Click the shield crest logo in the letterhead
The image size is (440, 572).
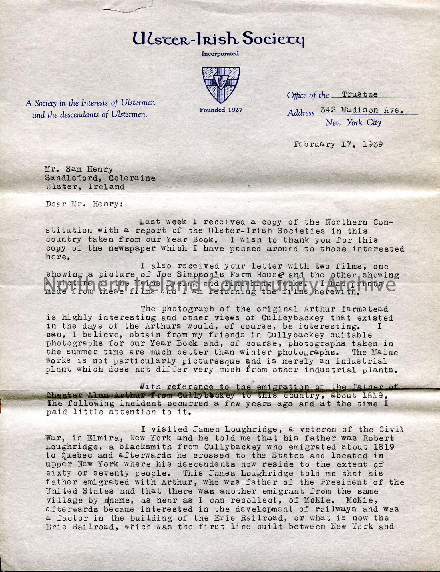(221, 85)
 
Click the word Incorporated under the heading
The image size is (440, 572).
(220, 54)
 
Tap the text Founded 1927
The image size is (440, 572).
(221, 110)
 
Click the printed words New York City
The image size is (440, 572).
(353, 123)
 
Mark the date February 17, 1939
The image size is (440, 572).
(338, 144)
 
